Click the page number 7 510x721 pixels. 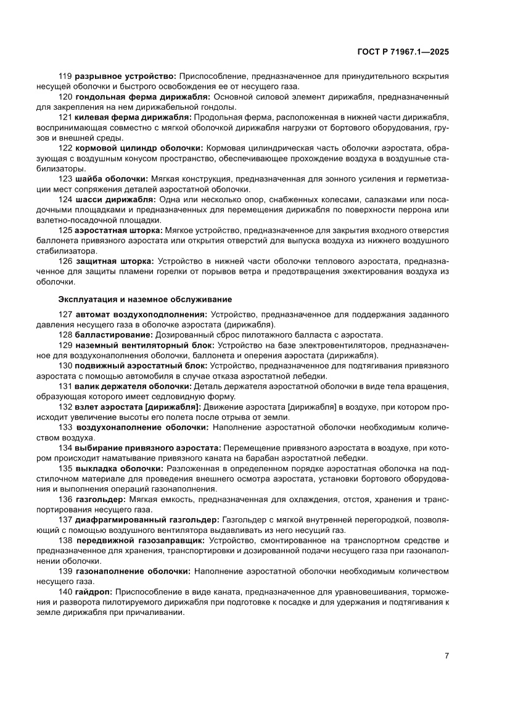(x=446, y=656)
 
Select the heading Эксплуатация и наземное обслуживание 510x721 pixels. (x=145, y=299)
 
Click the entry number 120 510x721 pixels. (x=65, y=97)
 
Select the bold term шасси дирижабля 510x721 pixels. (x=115, y=199)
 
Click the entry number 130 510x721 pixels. (x=65, y=365)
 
